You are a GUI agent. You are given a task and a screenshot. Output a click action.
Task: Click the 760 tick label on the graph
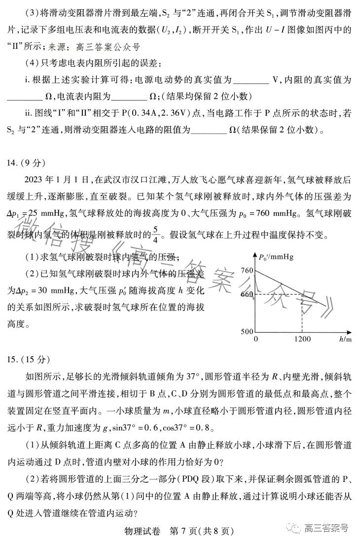(x=247, y=271)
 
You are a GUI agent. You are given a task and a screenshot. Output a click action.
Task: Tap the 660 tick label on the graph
(x=247, y=295)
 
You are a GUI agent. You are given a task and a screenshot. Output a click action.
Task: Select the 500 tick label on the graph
(x=247, y=331)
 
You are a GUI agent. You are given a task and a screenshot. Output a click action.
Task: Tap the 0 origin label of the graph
(x=255, y=340)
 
